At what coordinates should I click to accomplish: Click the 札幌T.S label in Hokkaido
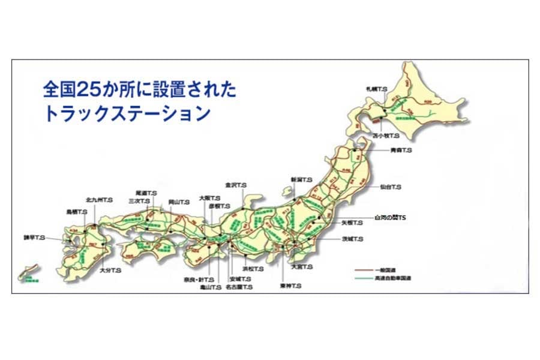click(377, 89)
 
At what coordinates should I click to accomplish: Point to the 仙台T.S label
click(390, 187)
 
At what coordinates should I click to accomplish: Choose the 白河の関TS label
click(389, 217)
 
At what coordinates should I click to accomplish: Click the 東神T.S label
click(290, 286)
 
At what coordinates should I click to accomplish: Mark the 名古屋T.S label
click(240, 287)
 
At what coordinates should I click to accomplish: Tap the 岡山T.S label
click(179, 202)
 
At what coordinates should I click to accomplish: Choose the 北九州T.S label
click(99, 199)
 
